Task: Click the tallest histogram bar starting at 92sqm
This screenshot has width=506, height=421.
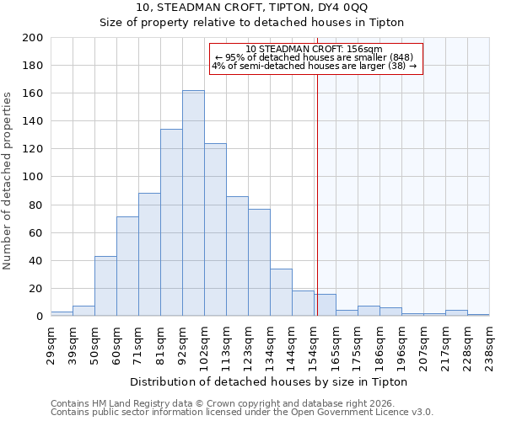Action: [x=193, y=203]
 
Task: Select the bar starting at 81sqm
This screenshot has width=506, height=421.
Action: [x=171, y=222]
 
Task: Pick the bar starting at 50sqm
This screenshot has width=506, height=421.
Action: [x=105, y=286]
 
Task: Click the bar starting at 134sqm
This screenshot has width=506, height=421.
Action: [x=281, y=292]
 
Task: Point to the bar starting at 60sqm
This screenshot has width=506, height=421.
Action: [x=127, y=266]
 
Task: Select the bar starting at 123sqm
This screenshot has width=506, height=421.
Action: [x=259, y=263]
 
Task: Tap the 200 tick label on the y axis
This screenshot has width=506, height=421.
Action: [x=33, y=38]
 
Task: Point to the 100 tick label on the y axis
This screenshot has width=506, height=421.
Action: [x=33, y=177]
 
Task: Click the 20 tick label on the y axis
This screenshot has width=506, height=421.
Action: [x=36, y=289]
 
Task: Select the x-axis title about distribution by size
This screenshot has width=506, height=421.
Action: [x=270, y=381]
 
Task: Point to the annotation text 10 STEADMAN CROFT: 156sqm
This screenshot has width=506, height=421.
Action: [x=315, y=49]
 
